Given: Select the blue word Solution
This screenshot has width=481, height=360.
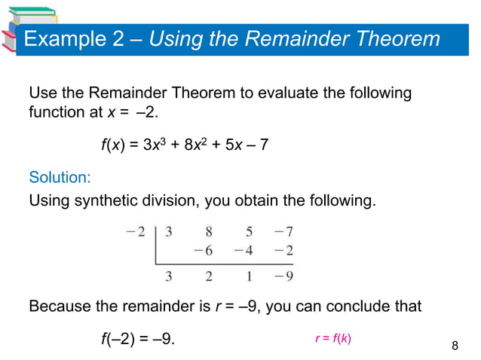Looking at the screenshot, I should tap(60, 178).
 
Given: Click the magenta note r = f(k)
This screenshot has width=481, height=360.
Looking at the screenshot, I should tap(332, 338).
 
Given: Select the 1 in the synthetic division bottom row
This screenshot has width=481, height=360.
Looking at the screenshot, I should tap(247, 276).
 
